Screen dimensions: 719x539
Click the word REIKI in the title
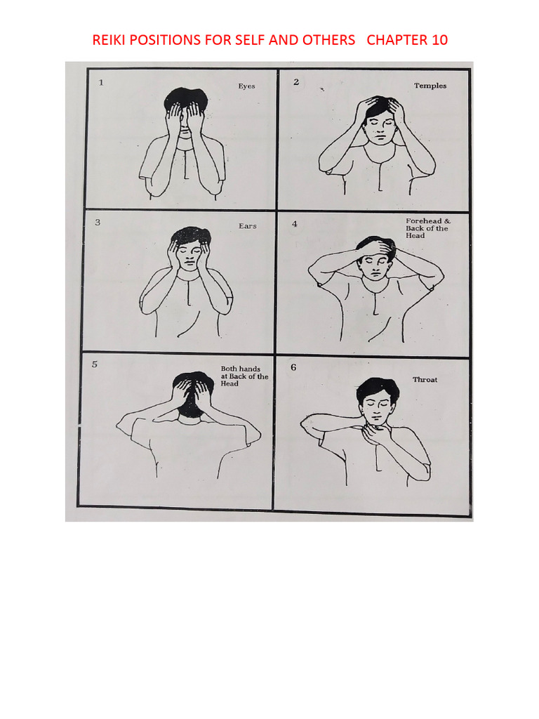108,40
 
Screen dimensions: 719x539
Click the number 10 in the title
439,40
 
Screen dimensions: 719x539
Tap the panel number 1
101,82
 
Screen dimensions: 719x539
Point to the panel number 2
296,81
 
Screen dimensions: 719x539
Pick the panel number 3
98,223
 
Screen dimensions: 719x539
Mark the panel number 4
295,224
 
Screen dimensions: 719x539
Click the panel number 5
95,364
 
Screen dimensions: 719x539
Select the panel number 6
293,367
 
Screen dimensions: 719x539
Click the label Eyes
246,86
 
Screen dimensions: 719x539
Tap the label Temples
430,86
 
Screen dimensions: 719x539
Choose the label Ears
247,226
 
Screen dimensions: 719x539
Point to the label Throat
425,380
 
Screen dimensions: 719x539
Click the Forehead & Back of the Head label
427,228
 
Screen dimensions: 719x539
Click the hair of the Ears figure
190,235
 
